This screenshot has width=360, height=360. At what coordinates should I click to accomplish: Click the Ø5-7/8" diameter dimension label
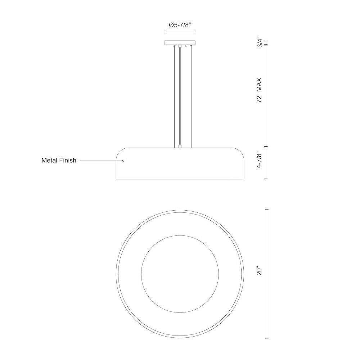180,25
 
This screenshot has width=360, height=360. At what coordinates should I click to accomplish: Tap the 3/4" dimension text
260,42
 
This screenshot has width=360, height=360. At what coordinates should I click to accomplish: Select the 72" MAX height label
260,90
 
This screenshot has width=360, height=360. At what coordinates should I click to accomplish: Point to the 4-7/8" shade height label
260,160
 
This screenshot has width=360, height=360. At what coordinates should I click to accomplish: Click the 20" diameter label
260,271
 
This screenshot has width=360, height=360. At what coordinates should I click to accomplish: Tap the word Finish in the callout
68,160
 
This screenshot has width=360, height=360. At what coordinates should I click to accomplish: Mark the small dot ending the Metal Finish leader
123,161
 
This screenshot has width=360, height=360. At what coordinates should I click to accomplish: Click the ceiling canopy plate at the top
180,42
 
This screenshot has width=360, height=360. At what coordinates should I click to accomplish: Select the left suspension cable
174,96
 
